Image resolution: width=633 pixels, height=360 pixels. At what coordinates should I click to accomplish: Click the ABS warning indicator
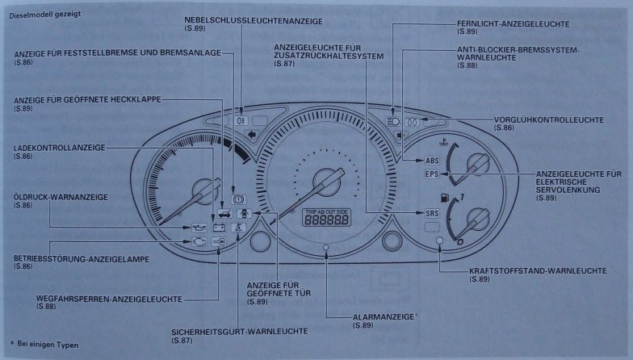point(431,159)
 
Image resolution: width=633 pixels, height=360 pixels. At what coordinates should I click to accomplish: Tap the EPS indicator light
point(431,174)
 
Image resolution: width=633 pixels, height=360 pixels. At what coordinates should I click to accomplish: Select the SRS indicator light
point(431,213)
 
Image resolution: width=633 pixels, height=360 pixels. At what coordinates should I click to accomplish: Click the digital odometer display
point(323,220)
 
